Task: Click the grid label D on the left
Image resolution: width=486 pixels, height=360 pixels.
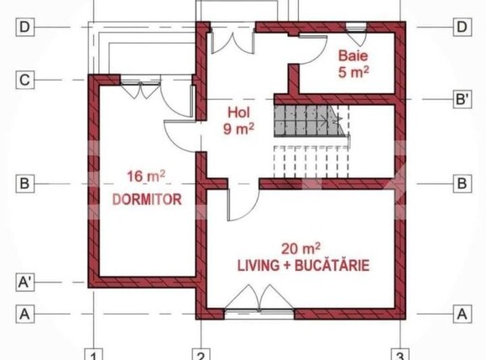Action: coord(24,28)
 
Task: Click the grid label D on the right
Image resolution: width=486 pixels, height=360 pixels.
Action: coord(461,28)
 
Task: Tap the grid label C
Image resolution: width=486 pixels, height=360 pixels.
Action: coord(24,81)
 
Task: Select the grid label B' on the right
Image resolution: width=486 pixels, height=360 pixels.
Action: coord(461,99)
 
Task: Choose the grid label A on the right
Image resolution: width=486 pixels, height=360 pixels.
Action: coord(461,314)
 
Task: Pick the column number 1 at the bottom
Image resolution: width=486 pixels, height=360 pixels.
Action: coord(96,352)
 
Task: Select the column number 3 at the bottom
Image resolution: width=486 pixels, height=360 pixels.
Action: coord(401,352)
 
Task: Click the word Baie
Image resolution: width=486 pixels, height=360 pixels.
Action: coord(353,55)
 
